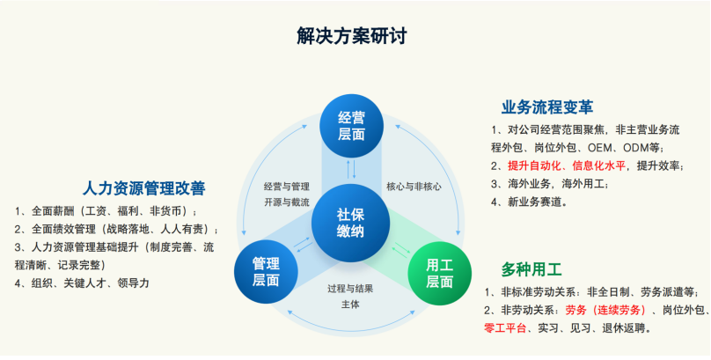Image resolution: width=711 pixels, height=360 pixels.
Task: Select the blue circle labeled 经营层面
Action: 351,125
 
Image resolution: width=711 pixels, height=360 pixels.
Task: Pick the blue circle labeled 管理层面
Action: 265,271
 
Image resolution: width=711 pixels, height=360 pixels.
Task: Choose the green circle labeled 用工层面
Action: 439,272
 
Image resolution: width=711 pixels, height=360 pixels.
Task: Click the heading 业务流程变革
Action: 547,107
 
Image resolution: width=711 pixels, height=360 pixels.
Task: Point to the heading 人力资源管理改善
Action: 143,188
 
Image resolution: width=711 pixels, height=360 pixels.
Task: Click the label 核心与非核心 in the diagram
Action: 414,187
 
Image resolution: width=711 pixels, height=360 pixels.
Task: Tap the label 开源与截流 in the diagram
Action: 287,202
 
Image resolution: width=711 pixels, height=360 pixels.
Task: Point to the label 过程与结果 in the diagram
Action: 349,288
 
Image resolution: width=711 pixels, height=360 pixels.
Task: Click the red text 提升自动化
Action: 536,165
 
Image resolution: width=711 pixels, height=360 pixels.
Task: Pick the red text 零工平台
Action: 505,328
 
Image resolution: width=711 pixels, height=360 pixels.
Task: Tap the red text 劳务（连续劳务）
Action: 605,310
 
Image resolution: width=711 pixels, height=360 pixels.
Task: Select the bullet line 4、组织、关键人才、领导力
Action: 82,283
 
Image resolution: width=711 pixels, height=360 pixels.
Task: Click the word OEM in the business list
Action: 601,147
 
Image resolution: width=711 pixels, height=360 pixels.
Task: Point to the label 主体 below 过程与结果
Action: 349,305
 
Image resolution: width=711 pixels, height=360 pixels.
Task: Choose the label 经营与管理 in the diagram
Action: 287,187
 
